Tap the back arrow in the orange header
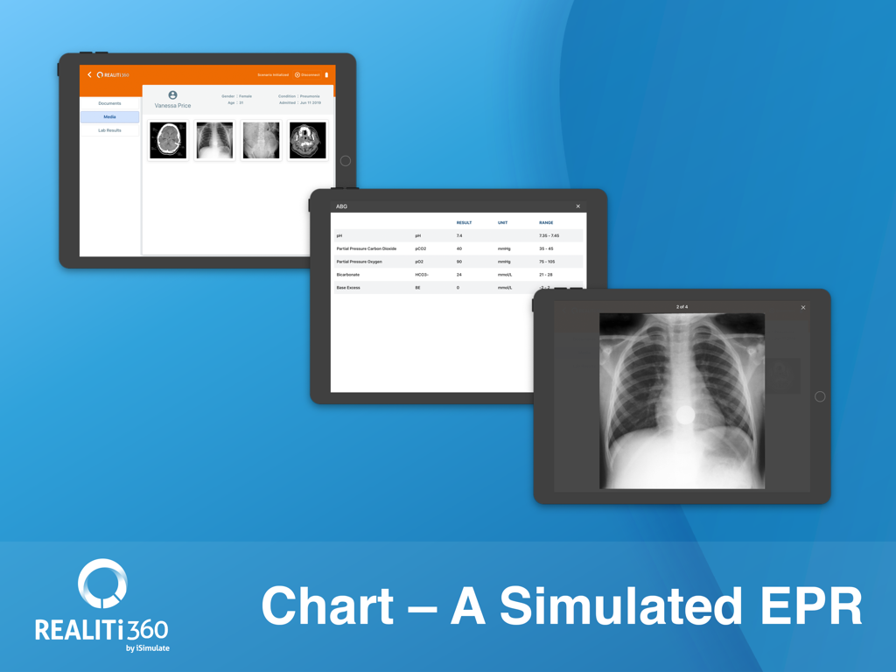click(x=89, y=75)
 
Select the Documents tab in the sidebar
click(x=109, y=103)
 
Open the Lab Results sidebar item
click(x=109, y=130)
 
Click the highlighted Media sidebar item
click(x=109, y=116)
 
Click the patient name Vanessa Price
click(x=172, y=105)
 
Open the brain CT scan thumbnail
click(x=168, y=140)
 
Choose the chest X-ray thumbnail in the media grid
click(x=214, y=140)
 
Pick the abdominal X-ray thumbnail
click(x=261, y=140)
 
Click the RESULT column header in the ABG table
click(x=464, y=223)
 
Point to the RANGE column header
click(x=546, y=223)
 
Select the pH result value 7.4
click(x=459, y=236)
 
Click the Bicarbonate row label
click(x=348, y=275)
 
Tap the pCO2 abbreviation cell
click(x=421, y=248)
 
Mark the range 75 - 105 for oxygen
click(x=548, y=262)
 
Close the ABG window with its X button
click(x=577, y=206)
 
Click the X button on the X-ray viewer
click(x=803, y=307)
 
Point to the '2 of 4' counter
click(x=682, y=307)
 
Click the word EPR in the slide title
click(x=810, y=605)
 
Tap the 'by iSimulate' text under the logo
click(x=147, y=648)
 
